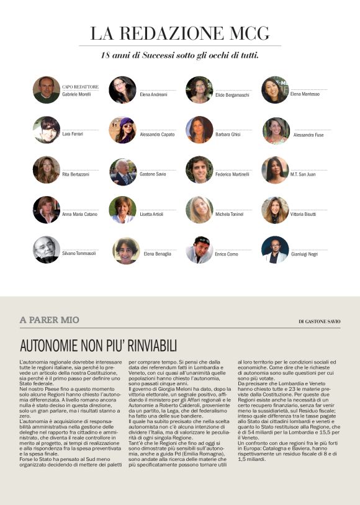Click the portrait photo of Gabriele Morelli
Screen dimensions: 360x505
[x=47, y=90]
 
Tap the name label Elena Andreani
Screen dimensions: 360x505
[x=153, y=94]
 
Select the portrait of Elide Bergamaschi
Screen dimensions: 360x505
[x=199, y=90]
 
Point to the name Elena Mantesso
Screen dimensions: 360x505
[x=305, y=94]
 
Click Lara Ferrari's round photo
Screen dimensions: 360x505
[x=47, y=130]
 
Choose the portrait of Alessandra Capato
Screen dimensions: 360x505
[x=122, y=130]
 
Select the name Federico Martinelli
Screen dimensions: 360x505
[x=233, y=174]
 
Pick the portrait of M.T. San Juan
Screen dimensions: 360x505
[x=275, y=170]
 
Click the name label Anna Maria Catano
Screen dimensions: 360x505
[x=79, y=215]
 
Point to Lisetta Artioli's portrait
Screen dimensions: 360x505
[x=122, y=210]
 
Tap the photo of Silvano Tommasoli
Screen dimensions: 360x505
[x=47, y=249]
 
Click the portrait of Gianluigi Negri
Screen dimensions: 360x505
[x=275, y=249]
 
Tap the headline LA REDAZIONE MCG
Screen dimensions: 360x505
[x=180, y=33]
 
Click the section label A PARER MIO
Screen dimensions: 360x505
[x=50, y=320]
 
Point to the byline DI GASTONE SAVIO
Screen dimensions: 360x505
[x=319, y=321]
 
